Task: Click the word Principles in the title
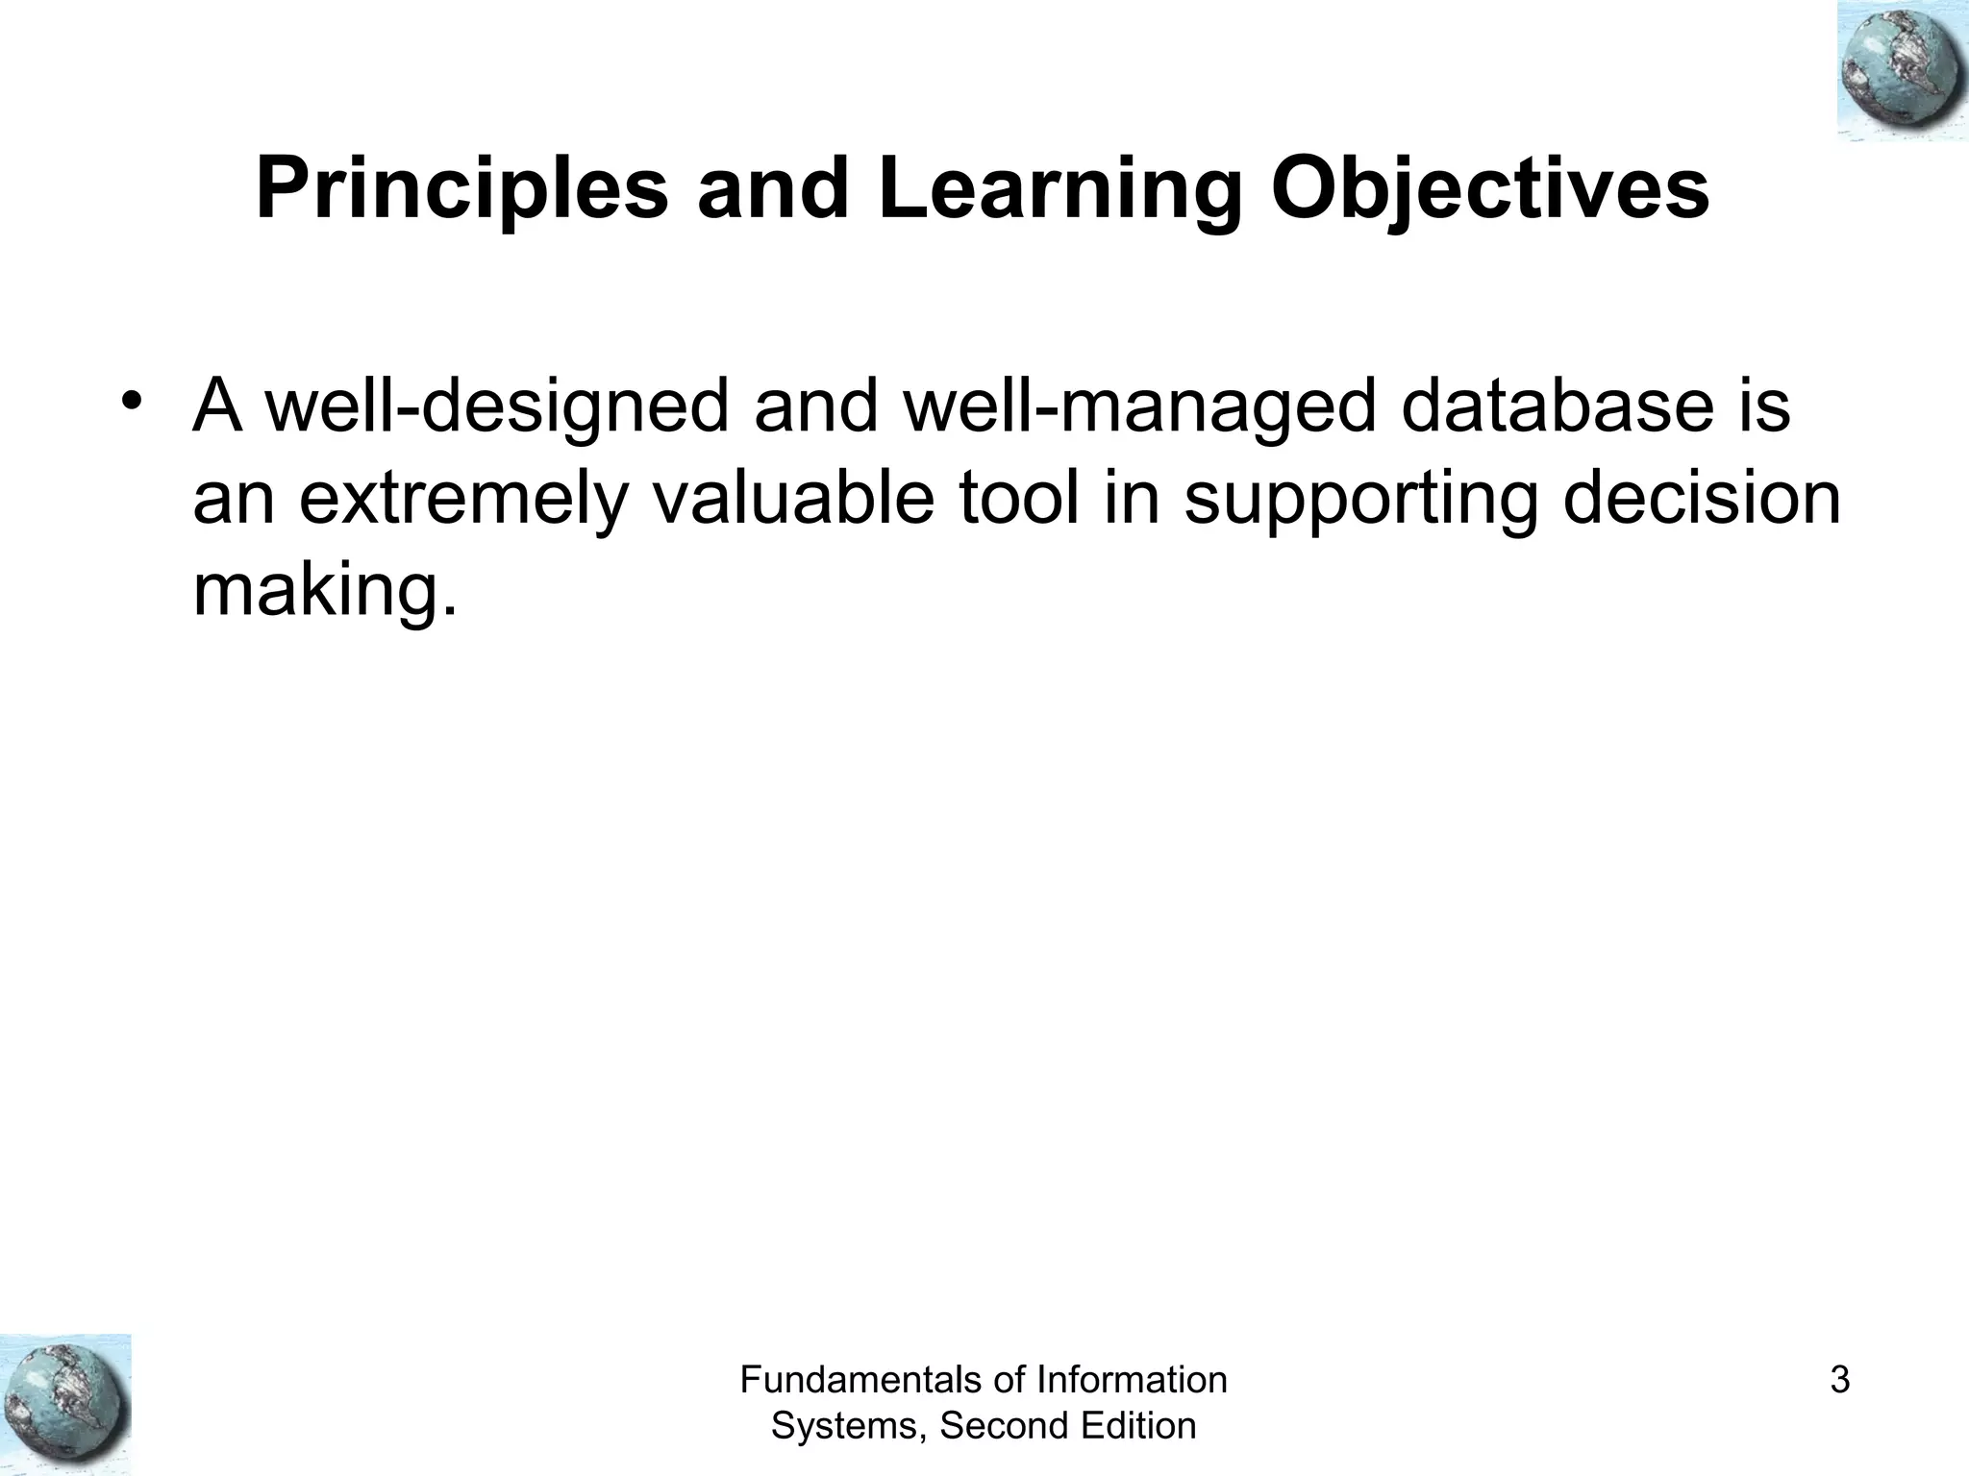[x=461, y=190]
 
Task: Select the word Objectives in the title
[x=1489, y=190]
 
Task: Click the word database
[x=1558, y=406]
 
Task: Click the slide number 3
[x=1840, y=1381]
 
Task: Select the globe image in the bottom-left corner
[x=65, y=1404]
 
